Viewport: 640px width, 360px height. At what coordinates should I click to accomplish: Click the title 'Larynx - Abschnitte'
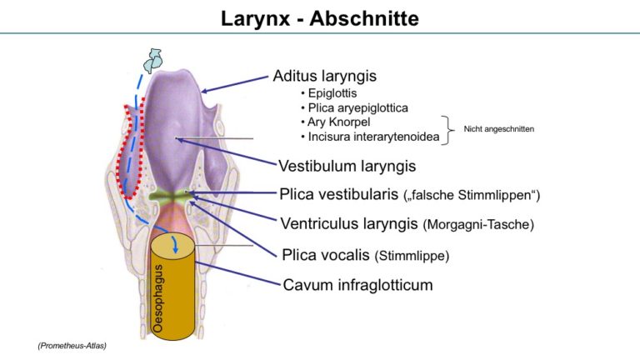click(x=320, y=19)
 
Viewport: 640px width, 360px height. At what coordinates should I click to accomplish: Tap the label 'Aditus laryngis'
click(x=324, y=76)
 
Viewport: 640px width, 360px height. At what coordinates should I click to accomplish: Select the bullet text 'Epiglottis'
click(x=332, y=93)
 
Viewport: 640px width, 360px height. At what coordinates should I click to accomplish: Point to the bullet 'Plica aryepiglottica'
click(x=358, y=107)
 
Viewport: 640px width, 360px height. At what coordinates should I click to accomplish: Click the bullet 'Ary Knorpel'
click(x=339, y=122)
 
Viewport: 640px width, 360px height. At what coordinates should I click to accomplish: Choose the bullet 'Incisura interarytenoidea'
click(x=373, y=137)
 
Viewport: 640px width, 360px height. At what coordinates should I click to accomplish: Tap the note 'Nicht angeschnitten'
click(x=499, y=129)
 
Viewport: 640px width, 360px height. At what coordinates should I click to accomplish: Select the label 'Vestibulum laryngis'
click(x=347, y=166)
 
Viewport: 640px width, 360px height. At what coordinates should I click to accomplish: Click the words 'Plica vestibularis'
click(x=338, y=194)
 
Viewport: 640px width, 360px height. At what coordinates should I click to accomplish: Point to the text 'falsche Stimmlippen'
click(x=472, y=195)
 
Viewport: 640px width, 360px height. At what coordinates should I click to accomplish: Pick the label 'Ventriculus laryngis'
click(x=349, y=223)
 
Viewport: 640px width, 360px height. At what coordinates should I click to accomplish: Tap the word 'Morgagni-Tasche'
click(x=478, y=224)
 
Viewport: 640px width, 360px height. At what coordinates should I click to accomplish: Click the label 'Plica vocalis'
click(x=325, y=255)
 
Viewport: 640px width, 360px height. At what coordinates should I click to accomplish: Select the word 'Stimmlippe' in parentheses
click(x=412, y=256)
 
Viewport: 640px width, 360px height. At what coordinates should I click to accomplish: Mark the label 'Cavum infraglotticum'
click(x=357, y=285)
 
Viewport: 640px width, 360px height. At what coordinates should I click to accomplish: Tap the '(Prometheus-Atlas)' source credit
click(x=72, y=346)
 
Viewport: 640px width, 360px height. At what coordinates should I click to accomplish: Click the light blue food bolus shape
click(x=153, y=60)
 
